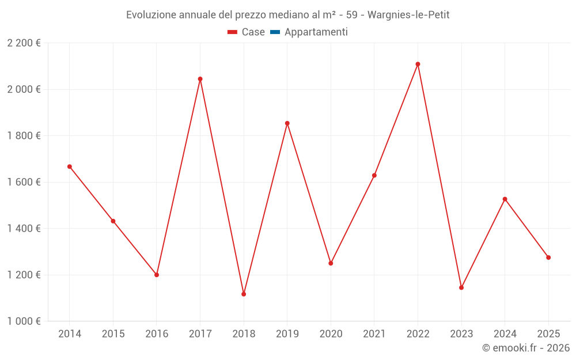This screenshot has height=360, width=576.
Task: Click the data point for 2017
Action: pos(200,79)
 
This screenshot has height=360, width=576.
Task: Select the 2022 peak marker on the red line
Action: pos(418,65)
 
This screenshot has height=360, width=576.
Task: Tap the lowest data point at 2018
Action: pos(244,294)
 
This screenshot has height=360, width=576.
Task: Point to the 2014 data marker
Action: pos(70,167)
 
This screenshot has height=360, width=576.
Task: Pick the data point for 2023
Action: pos(461,287)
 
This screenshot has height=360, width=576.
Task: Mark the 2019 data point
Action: pos(287,123)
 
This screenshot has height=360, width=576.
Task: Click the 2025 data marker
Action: pos(548,257)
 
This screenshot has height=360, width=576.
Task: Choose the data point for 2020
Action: pos(331,263)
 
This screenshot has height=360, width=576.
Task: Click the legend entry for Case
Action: pos(246,32)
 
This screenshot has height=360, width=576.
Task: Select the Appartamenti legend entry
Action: pos(309,32)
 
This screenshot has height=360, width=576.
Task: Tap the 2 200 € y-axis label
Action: pos(24,43)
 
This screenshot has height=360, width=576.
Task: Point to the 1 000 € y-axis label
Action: pos(24,321)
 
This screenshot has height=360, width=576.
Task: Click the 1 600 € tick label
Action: pos(24,182)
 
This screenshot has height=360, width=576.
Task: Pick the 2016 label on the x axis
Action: pos(157,334)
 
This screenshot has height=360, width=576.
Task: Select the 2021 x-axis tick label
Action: pos(374,334)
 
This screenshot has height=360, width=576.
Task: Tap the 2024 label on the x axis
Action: pos(505,334)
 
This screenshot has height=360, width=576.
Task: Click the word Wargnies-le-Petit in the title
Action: pos(408,15)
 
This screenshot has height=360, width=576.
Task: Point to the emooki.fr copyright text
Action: pos(526,348)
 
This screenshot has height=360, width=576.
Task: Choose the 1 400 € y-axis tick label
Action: pos(24,229)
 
